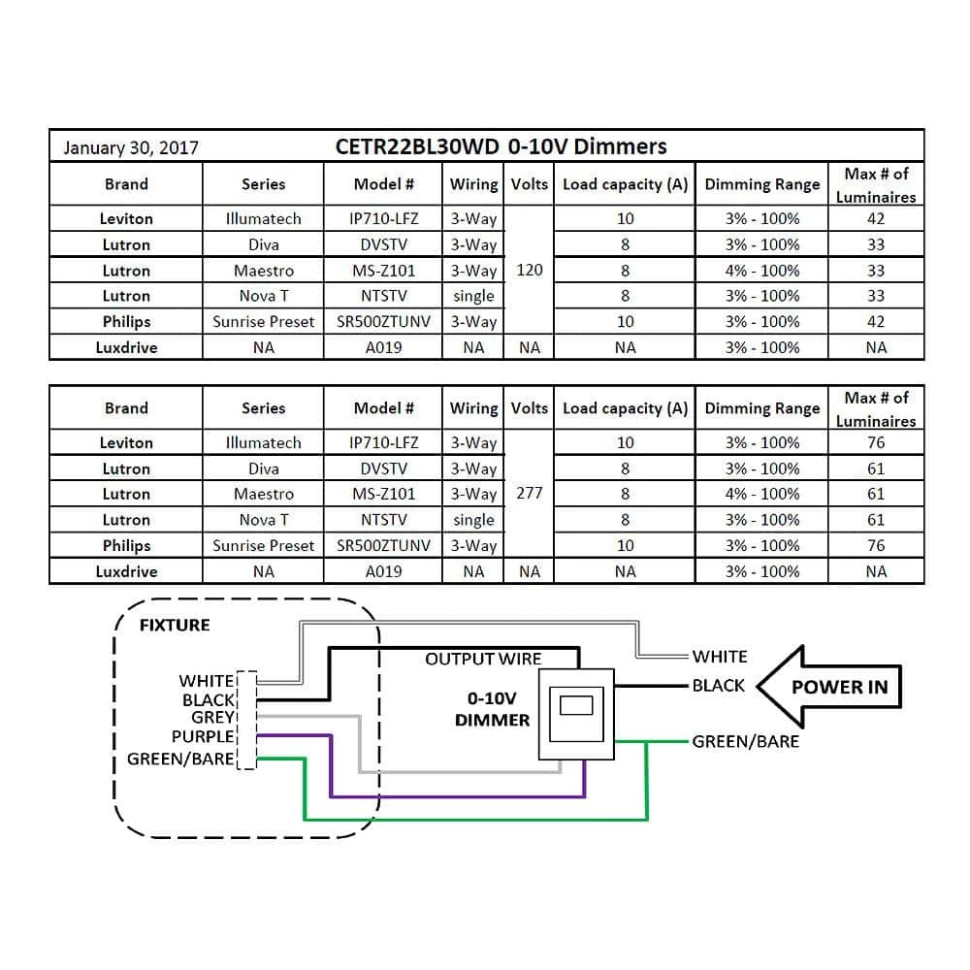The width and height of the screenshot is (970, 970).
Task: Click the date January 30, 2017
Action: pyautogui.click(x=131, y=147)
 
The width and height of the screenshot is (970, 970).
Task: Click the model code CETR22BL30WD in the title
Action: pyautogui.click(x=417, y=146)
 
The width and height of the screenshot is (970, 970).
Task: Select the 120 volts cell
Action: pyautogui.click(x=530, y=270)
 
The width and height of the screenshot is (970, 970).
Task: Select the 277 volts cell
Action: pyautogui.click(x=530, y=494)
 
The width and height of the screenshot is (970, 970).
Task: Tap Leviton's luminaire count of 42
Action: pyautogui.click(x=876, y=218)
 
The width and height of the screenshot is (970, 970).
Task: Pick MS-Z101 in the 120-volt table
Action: pyautogui.click(x=383, y=271)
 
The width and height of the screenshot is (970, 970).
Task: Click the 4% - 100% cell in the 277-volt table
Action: pyautogui.click(x=762, y=494)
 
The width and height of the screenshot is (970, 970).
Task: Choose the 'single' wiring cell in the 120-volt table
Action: pyautogui.click(x=473, y=296)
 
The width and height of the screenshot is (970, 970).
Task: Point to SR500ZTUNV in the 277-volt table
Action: pyautogui.click(x=383, y=545)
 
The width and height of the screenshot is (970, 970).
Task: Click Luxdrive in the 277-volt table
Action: pyautogui.click(x=126, y=571)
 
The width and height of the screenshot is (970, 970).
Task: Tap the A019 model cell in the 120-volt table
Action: pyautogui.click(x=383, y=347)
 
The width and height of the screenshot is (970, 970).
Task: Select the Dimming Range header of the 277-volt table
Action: pyautogui.click(x=762, y=408)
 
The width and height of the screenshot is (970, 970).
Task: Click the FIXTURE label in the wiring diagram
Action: pyautogui.click(x=175, y=625)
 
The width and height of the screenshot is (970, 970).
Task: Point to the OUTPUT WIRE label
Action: pyautogui.click(x=483, y=660)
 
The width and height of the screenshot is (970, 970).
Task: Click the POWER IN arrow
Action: pyautogui.click(x=829, y=687)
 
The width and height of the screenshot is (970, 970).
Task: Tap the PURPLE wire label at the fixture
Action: pyautogui.click(x=203, y=737)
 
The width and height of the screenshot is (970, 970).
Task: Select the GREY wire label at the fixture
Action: pyautogui.click(x=212, y=718)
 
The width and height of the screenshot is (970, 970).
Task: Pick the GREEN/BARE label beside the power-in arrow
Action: pyautogui.click(x=746, y=741)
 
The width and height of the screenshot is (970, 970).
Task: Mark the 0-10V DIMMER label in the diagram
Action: pyautogui.click(x=492, y=709)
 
